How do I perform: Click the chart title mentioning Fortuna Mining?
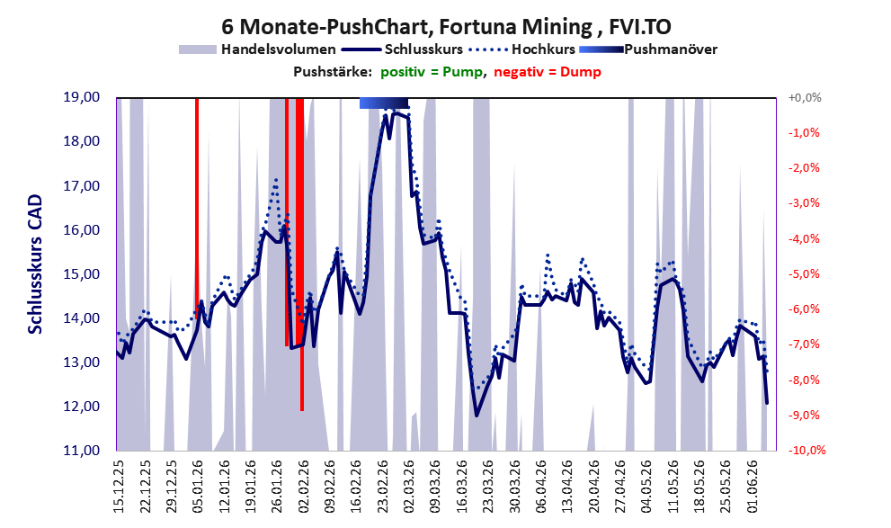446,26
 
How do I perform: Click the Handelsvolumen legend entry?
257,49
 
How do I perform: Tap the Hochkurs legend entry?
521,49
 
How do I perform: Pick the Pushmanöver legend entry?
648,49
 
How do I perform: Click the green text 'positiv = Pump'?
432,72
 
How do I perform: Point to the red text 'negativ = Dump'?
548,72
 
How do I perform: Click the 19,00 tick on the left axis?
81,97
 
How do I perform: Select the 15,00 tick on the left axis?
81,274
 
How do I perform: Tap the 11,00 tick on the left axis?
81,450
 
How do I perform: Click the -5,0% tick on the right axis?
804,274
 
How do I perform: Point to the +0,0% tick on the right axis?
805,98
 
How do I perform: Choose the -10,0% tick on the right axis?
806,450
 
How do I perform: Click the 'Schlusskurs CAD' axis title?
35,264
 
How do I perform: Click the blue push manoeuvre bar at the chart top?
384,103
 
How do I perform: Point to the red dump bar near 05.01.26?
197,204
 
